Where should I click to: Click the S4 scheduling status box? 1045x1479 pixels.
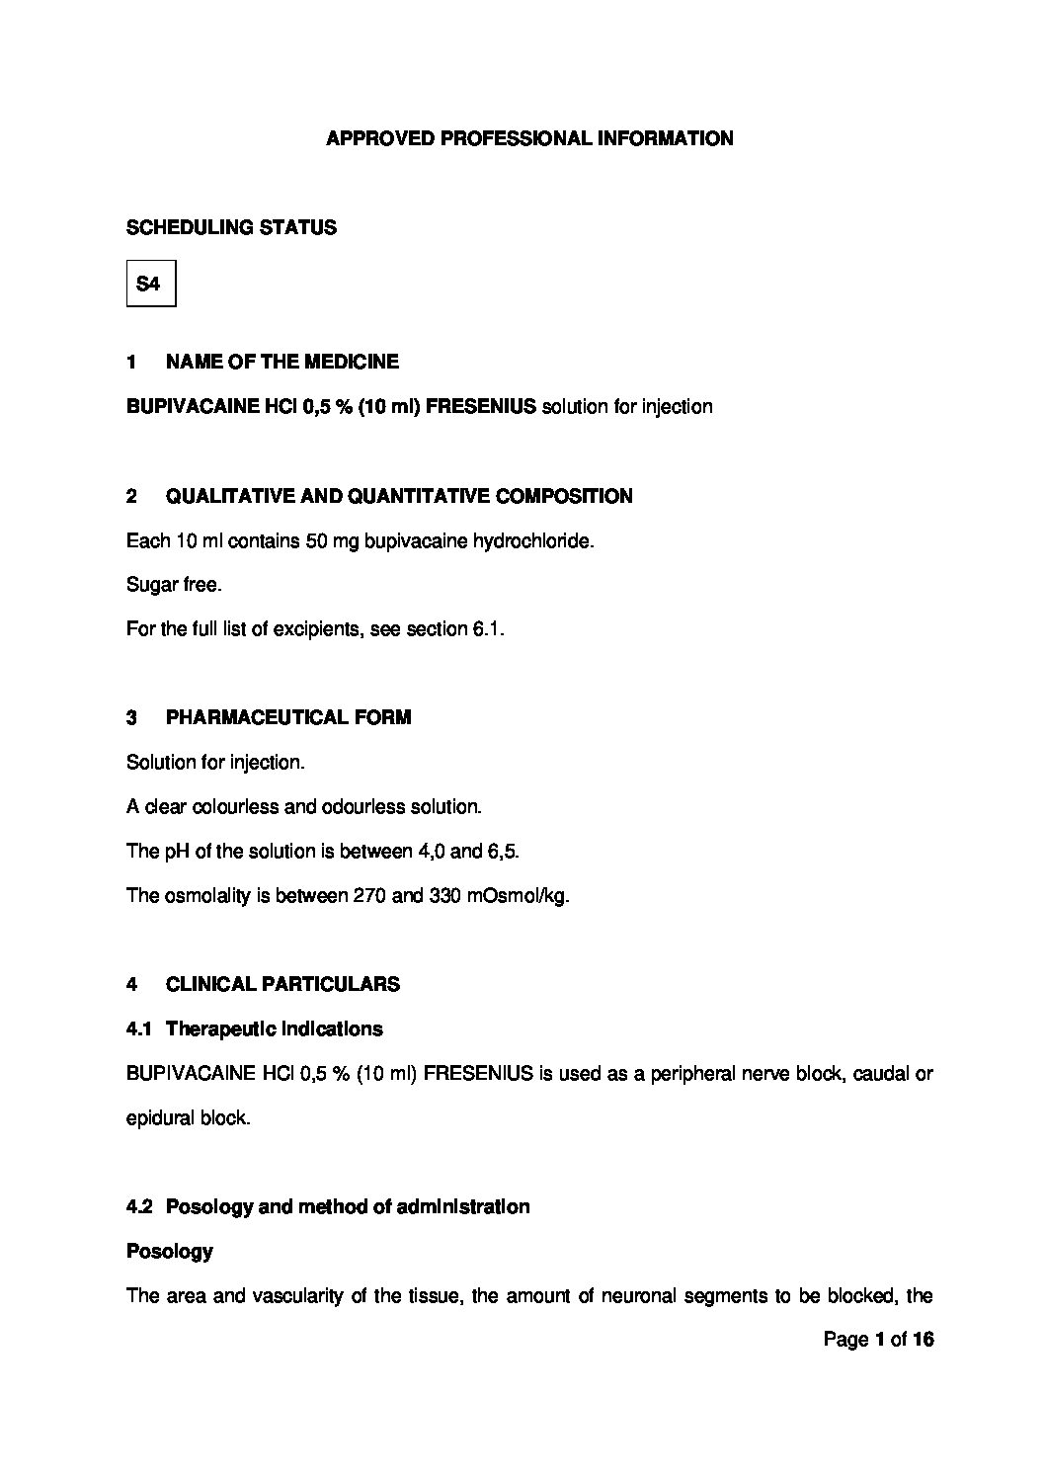click(x=150, y=284)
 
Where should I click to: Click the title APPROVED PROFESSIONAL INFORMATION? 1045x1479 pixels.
click(x=529, y=139)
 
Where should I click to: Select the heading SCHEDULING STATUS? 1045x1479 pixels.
click(x=231, y=228)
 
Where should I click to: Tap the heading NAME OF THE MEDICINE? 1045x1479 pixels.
click(x=281, y=362)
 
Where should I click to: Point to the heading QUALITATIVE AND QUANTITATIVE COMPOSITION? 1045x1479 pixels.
click(x=398, y=496)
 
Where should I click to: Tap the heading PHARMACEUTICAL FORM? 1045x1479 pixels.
click(x=287, y=718)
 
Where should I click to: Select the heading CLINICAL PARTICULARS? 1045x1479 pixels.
click(x=282, y=984)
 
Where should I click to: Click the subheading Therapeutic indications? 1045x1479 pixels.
click(x=274, y=1029)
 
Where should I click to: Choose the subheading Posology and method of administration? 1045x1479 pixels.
click(x=347, y=1207)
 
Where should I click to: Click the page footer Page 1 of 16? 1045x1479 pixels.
click(x=878, y=1341)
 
